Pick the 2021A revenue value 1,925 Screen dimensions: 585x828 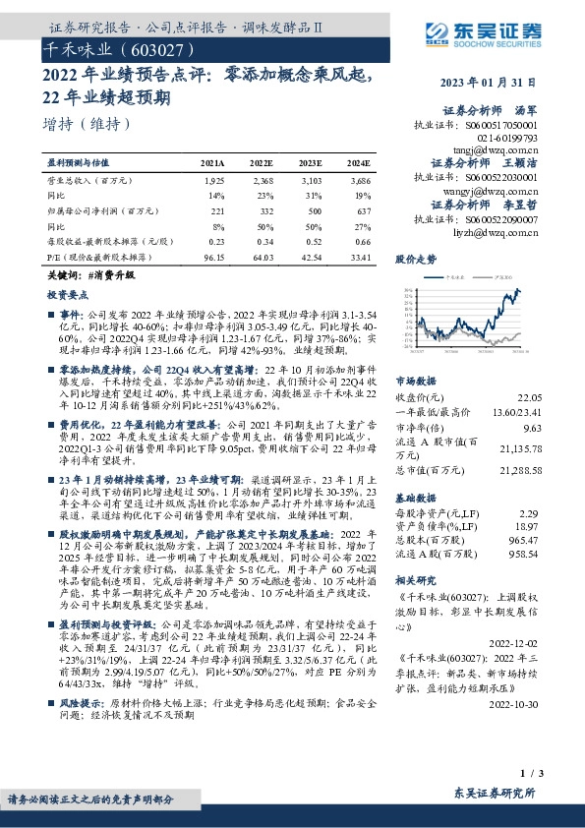click(x=213, y=181)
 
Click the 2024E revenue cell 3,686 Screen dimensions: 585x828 click(x=359, y=181)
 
